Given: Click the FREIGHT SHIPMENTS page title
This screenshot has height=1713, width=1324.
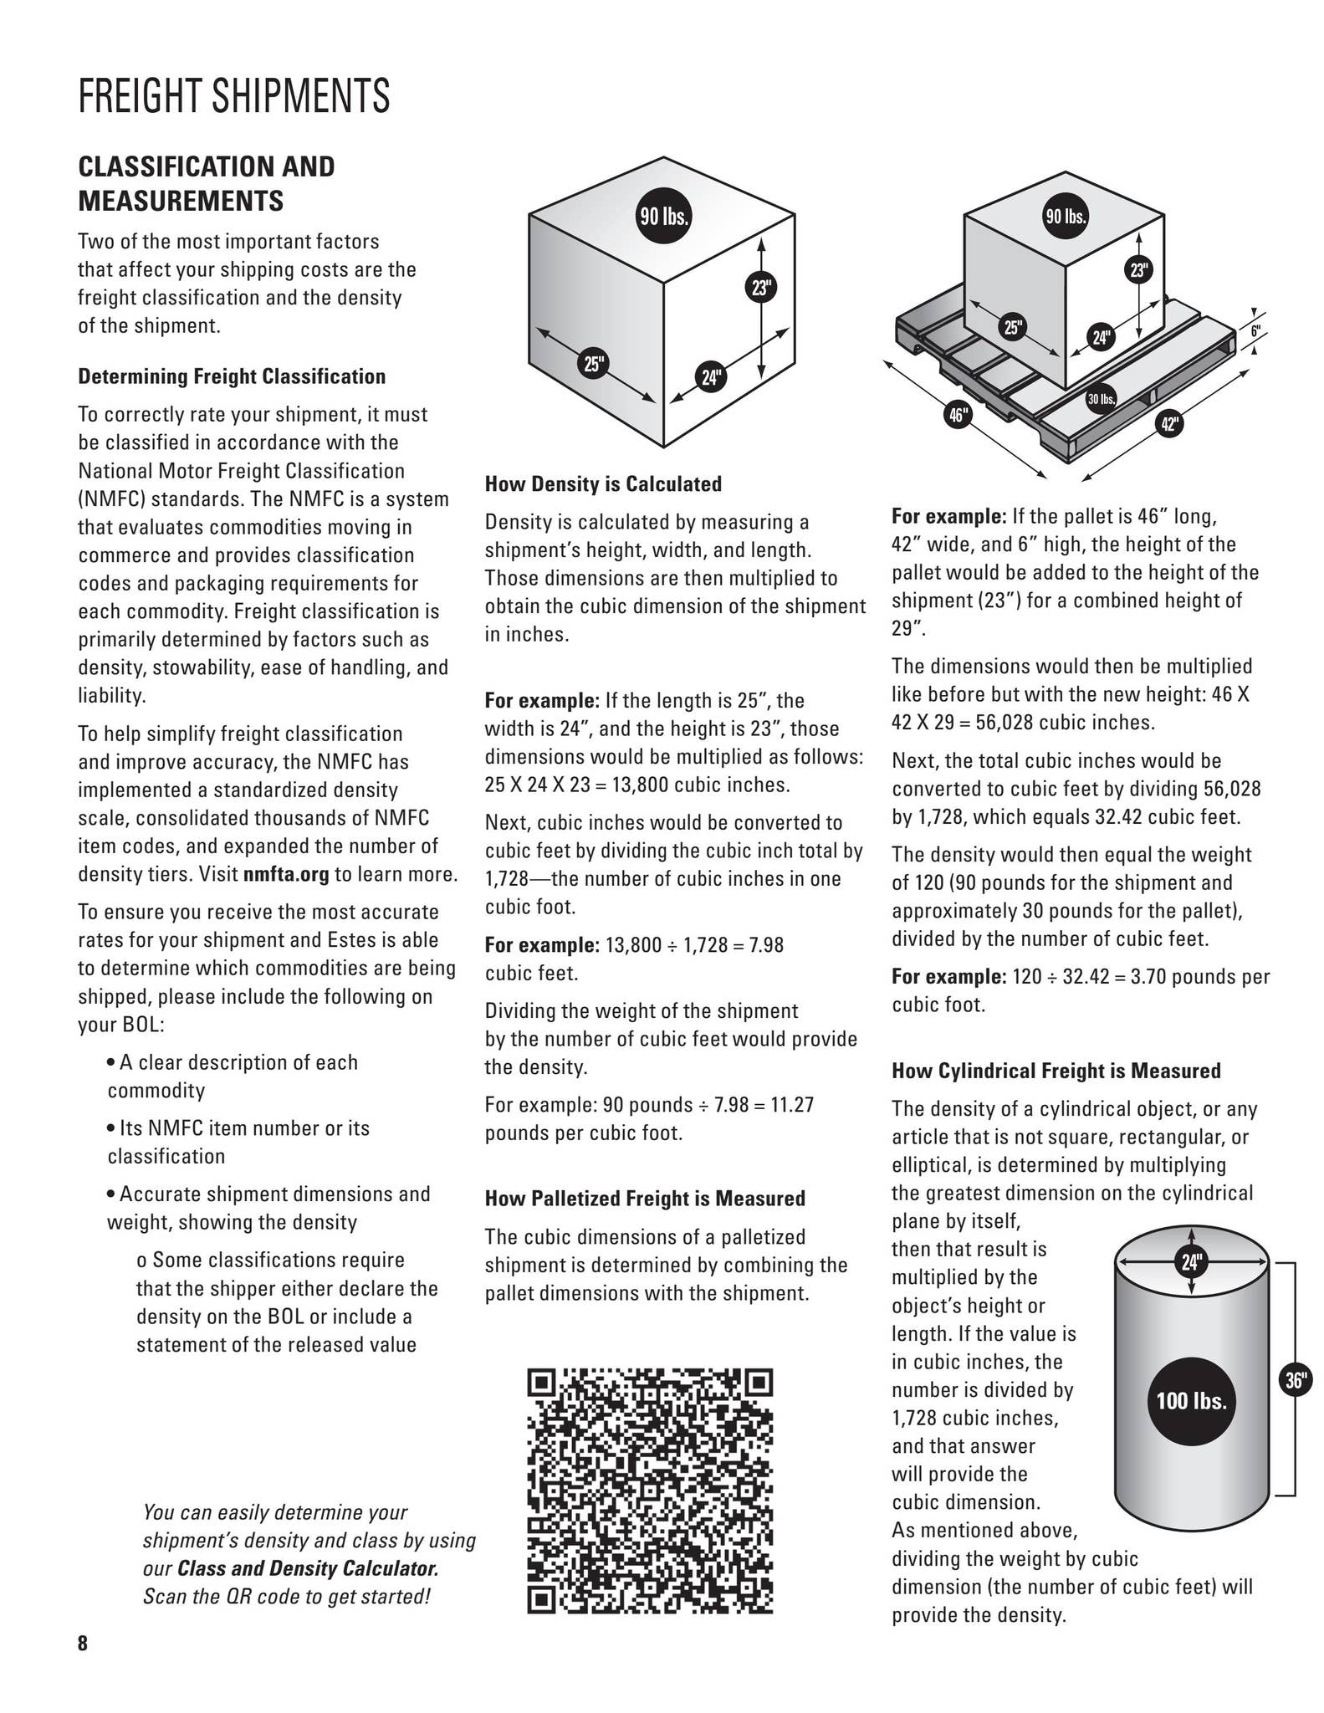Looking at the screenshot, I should tap(234, 95).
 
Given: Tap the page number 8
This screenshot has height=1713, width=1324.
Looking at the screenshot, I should tap(83, 1643).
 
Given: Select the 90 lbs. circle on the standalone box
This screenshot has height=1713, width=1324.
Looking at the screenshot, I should tap(664, 217).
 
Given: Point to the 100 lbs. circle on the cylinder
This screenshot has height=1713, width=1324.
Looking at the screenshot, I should tap(1191, 1400).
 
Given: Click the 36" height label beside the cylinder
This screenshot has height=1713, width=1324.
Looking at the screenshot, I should tap(1296, 1380).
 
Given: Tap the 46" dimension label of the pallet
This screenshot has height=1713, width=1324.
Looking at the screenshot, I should tap(958, 414).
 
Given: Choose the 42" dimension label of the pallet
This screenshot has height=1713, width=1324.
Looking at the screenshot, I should tap(1169, 424).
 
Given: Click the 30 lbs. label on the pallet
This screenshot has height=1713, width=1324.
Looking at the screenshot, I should tap(1102, 400).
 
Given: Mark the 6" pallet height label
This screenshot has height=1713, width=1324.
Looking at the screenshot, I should tap(1255, 331).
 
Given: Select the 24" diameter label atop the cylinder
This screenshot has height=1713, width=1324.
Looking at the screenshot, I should tap(1191, 1261).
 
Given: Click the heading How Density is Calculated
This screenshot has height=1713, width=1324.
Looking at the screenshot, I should tap(603, 483).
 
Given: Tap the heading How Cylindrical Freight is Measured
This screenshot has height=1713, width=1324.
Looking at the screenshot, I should tap(1056, 1071).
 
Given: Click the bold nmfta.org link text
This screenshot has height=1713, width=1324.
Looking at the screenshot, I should tap(286, 874).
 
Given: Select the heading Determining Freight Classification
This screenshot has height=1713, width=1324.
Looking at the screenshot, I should tap(232, 376).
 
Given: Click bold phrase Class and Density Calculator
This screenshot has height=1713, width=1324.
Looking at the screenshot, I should tap(308, 1567).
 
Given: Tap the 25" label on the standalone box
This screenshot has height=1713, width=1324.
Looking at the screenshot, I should tap(594, 364).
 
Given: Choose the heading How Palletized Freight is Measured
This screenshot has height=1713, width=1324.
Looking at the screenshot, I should tap(645, 1199).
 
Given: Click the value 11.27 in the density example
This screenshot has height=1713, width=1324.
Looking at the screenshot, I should tap(791, 1105).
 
